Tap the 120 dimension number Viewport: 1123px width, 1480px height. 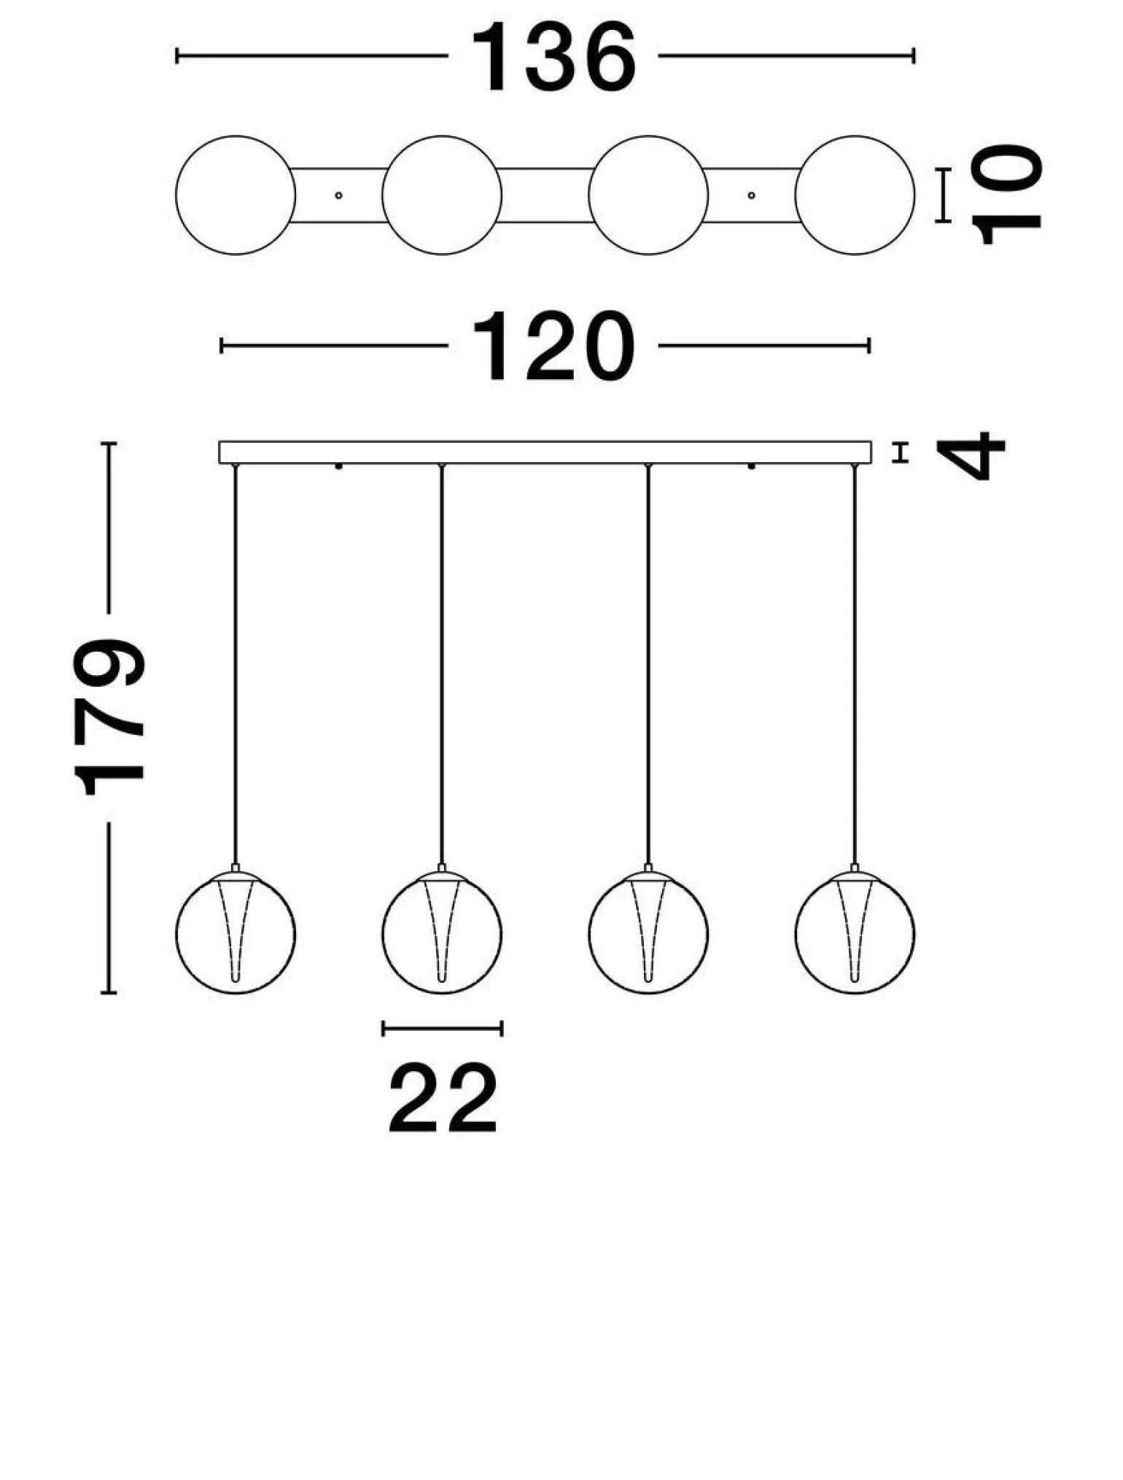coord(553,346)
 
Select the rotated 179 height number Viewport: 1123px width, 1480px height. coord(109,716)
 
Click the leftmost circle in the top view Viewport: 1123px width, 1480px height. coord(236,195)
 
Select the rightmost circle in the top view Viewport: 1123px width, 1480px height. coord(855,195)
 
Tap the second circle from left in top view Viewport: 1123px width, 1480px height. coord(442,195)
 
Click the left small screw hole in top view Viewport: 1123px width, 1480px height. coord(338,195)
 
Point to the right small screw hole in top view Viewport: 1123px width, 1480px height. coord(752,195)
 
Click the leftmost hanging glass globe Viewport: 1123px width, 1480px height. coord(236,932)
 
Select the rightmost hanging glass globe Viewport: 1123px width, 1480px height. coord(855,932)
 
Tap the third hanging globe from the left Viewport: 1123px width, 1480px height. coord(648,932)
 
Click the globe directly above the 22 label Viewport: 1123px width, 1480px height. coord(442,932)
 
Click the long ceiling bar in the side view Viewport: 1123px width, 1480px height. coord(545,452)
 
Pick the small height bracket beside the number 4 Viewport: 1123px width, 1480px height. coord(902,453)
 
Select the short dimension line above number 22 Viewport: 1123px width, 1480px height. coord(443,1029)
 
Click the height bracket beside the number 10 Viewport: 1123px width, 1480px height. coord(944,195)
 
